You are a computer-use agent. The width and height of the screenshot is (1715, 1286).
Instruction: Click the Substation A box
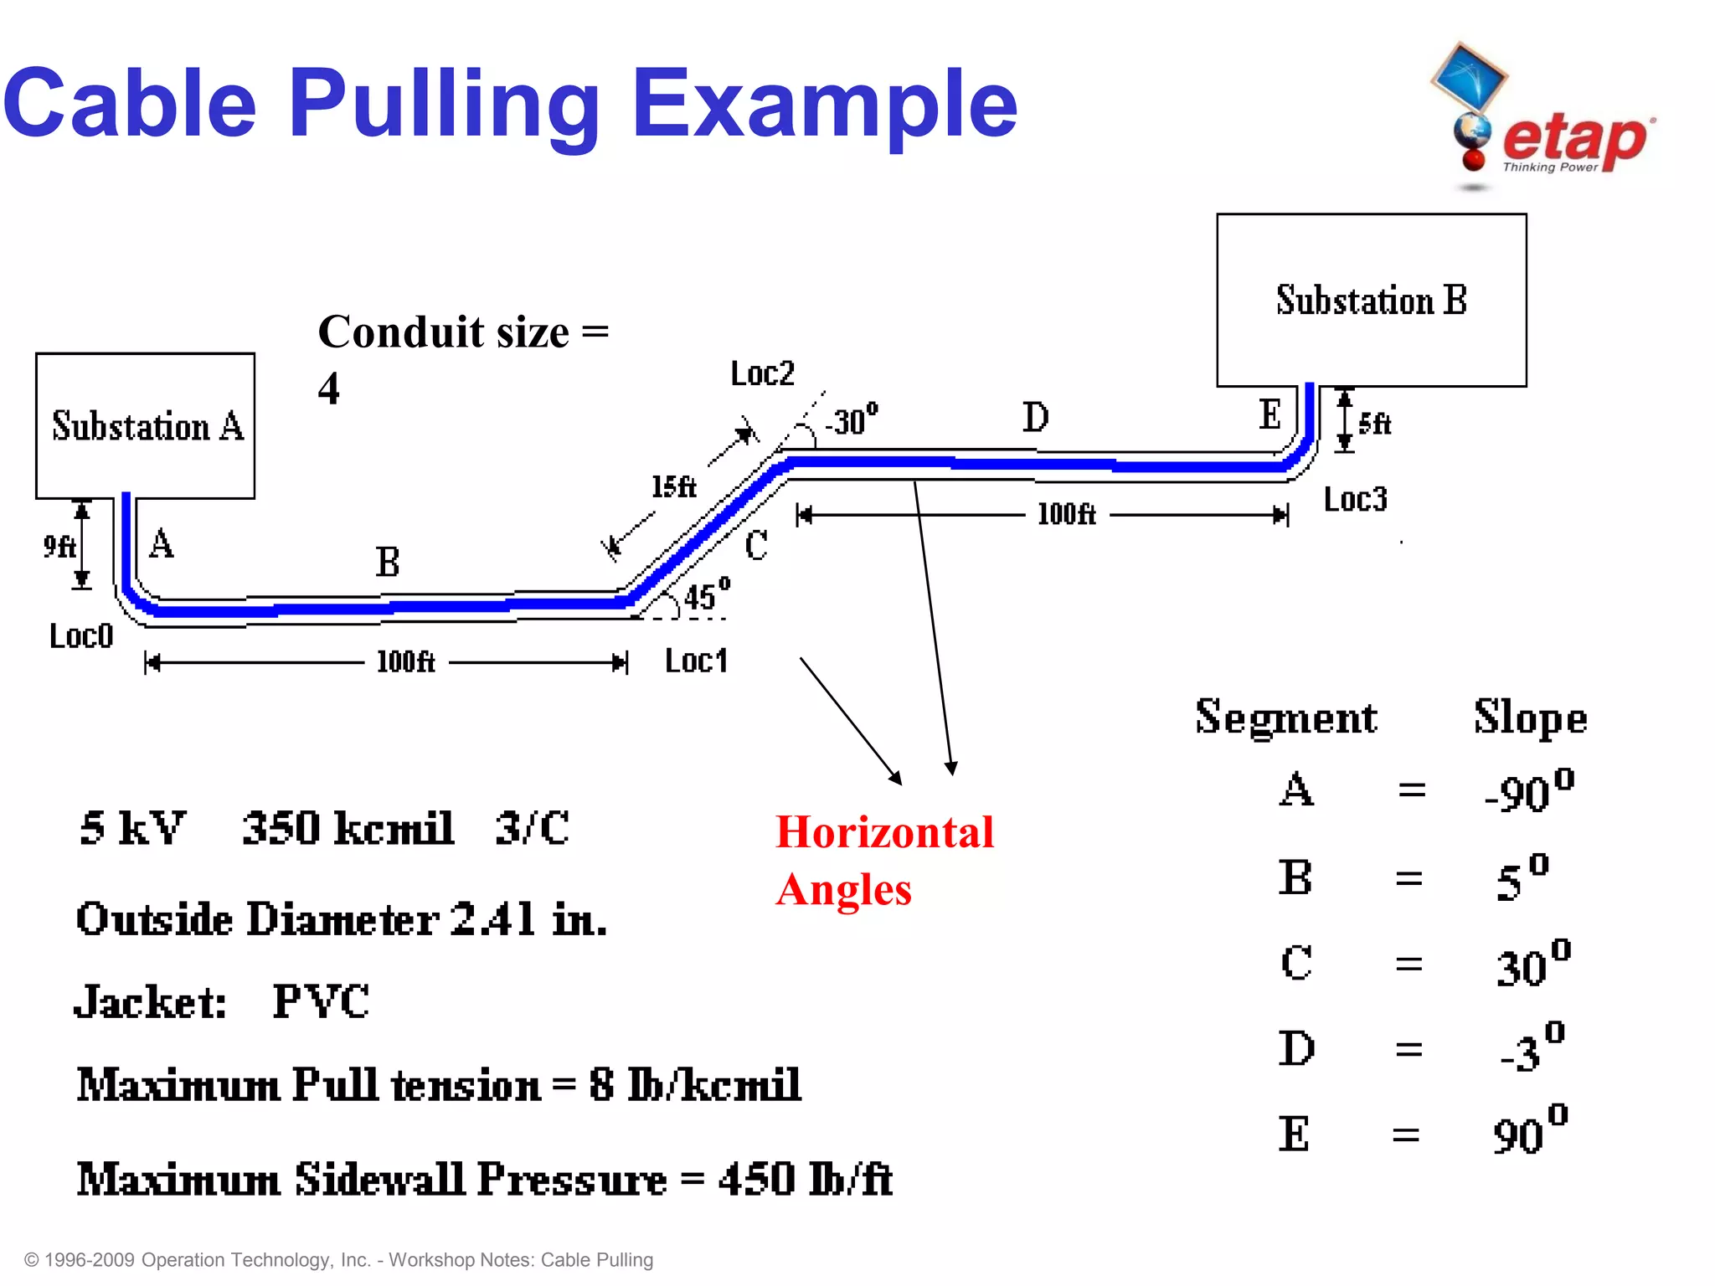point(146,425)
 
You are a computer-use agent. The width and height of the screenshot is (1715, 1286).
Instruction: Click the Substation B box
point(1371,300)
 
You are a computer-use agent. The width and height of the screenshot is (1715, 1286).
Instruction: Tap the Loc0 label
point(80,636)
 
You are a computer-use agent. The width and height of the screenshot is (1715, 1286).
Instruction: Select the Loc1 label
point(696,661)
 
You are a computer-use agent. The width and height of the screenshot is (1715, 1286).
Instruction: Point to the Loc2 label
point(762,373)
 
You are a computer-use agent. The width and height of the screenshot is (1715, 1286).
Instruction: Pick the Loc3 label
point(1355,500)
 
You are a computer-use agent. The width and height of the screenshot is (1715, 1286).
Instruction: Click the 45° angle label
point(706,594)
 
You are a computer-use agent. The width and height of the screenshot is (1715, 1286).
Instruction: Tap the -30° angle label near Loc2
point(851,419)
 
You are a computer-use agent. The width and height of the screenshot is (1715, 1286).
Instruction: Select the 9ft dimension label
point(59,547)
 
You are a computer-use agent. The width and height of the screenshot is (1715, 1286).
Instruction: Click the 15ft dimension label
point(673,486)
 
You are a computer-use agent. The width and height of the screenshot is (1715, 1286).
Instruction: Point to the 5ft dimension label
point(1374,424)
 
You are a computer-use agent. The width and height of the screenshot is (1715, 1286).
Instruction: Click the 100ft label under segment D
point(1066,514)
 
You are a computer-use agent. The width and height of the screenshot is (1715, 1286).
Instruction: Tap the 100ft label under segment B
point(405,662)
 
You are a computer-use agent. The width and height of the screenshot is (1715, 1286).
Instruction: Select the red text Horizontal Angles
point(884,860)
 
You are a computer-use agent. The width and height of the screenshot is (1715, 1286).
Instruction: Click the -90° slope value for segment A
point(1528,790)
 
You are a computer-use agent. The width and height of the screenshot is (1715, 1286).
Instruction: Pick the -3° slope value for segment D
point(1532,1049)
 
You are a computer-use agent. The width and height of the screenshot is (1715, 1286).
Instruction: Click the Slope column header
point(1530,718)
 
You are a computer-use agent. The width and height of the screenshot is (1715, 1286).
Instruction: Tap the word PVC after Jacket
point(321,1001)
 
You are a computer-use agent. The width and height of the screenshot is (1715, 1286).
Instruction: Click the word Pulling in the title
point(445,105)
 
